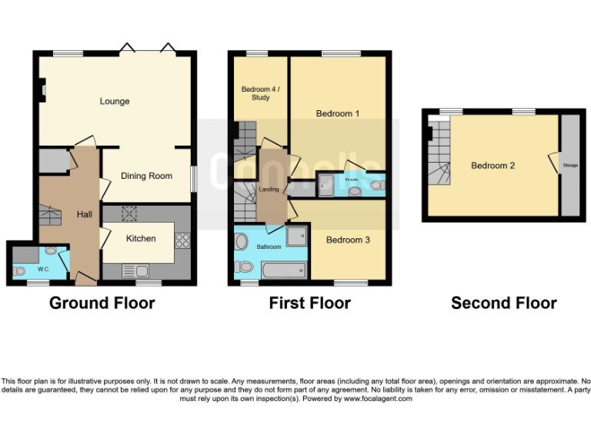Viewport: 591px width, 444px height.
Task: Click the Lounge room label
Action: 114,101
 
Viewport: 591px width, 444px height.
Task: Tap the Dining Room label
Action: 146,176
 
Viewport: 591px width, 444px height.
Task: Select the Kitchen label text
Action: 141,238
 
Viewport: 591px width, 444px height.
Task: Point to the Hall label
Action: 85,214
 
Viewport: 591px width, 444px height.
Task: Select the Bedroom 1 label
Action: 338,114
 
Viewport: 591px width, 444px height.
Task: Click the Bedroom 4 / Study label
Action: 261,93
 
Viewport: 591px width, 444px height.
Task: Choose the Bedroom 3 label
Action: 348,240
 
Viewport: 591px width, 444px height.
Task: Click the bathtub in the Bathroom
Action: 284,271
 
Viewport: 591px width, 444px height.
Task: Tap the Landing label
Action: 269,189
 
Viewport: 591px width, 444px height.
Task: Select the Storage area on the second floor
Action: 570,165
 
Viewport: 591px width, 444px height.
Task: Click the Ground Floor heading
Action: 102,303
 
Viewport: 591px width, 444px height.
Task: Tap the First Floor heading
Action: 309,303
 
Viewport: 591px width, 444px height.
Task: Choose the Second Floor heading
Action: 503,303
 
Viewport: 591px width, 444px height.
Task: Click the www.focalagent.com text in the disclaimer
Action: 377,399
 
